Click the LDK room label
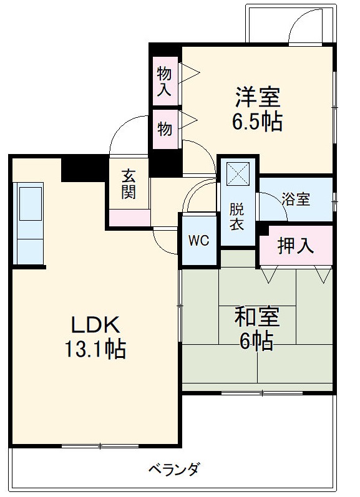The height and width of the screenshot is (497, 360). (x=94, y=324)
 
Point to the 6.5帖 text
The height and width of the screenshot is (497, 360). (x=258, y=122)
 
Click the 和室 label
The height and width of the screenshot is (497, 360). (x=256, y=317)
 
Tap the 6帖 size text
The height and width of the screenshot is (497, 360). (x=256, y=340)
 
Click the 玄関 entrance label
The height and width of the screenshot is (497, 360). (x=128, y=184)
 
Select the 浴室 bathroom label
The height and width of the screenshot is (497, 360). (x=296, y=200)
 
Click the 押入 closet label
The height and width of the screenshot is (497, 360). (x=295, y=246)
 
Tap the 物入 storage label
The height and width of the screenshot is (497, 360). (x=164, y=80)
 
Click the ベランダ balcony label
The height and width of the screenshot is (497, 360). (x=174, y=468)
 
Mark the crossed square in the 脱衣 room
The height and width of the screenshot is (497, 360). (x=238, y=173)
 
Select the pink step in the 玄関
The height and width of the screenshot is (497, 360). (x=129, y=217)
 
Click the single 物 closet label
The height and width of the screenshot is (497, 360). (x=164, y=130)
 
